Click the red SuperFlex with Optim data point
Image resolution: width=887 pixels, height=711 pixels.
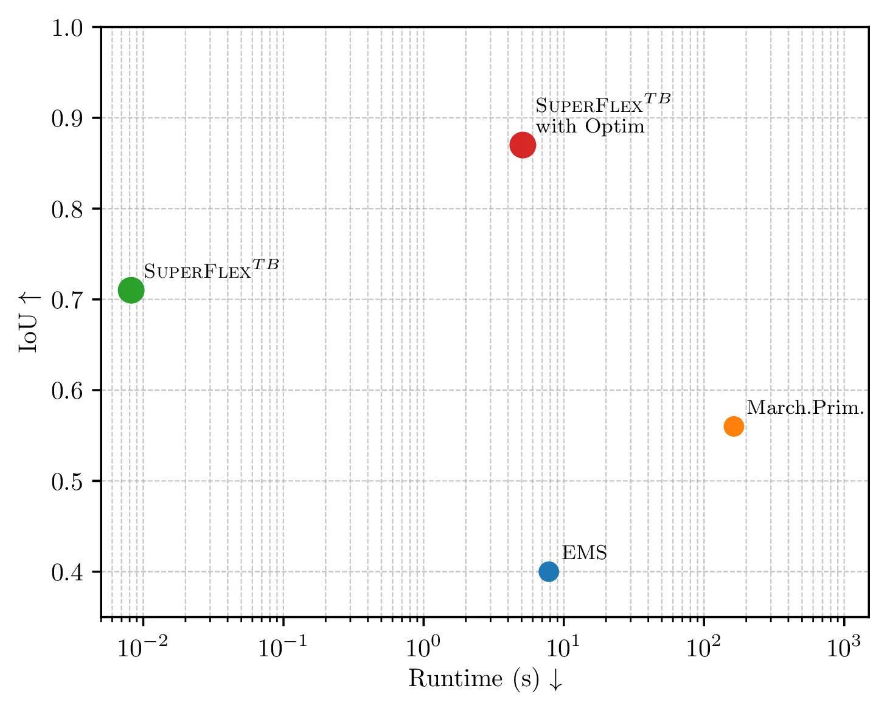click(523, 145)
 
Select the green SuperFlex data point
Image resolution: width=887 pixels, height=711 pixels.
click(131, 290)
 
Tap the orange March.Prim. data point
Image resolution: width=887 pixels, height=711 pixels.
click(734, 427)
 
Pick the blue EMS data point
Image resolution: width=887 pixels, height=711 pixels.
click(549, 572)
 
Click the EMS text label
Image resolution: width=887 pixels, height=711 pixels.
click(584, 553)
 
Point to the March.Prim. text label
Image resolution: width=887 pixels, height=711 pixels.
click(805, 408)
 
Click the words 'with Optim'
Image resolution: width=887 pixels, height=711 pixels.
click(590, 126)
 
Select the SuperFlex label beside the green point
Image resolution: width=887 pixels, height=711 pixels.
click(211, 269)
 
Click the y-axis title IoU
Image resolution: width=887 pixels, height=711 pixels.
click(29, 322)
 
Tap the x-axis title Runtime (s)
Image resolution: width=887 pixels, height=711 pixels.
click(485, 679)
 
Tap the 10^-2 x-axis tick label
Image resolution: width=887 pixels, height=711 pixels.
click(142, 647)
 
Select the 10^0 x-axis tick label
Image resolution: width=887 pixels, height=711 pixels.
click(423, 647)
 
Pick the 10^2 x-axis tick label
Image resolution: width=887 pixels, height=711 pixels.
click(703, 647)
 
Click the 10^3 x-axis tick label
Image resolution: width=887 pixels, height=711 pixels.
click(844, 647)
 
